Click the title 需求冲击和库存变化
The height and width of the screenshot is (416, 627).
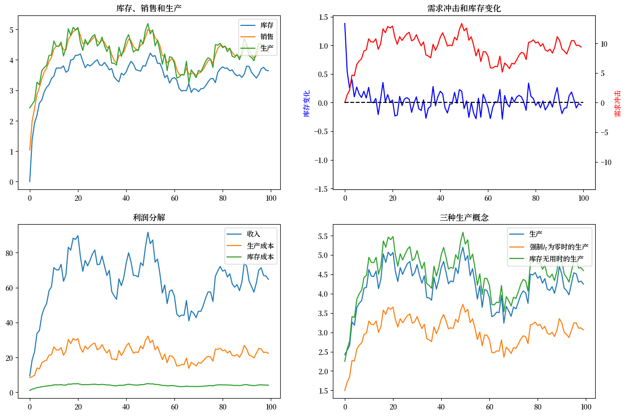tap(464, 8)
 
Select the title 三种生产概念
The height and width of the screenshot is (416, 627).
tap(464, 217)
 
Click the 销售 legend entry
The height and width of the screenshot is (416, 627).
tap(266, 36)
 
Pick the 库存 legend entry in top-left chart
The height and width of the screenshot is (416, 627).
tap(266, 25)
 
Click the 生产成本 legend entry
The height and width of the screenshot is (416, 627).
tap(260, 246)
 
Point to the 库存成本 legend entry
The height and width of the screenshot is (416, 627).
tap(260, 257)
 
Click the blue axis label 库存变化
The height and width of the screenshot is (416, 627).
tap(307, 103)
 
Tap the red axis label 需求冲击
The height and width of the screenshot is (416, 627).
tap(618, 103)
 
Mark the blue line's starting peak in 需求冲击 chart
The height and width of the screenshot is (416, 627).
tap(345, 23)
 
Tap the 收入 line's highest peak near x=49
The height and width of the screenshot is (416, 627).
tap(148, 232)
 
